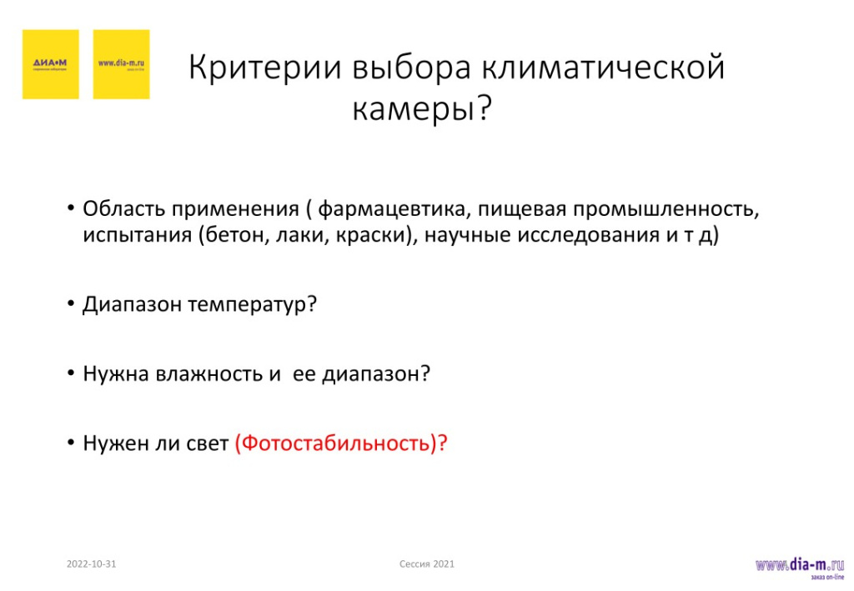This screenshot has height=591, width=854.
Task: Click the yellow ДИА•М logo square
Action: click(50, 64)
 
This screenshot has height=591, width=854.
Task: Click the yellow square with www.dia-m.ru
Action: click(121, 64)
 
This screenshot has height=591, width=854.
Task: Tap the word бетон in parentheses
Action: click(235, 235)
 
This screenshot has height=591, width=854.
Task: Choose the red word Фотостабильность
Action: click(334, 443)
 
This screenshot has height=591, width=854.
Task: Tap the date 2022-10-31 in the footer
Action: click(91, 564)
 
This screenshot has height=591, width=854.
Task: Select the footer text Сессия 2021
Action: click(427, 564)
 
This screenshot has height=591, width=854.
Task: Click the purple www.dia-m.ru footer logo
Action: click(799, 567)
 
